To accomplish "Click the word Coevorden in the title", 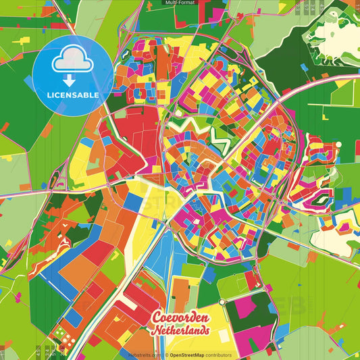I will (179, 318).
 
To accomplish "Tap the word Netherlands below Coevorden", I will (180, 332).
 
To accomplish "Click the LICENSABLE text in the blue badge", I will (73, 95).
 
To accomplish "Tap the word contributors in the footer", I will (220, 355).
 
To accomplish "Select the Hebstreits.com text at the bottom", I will (143, 355).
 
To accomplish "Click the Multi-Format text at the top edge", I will (180, 3).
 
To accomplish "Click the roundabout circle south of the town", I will (221, 302).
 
